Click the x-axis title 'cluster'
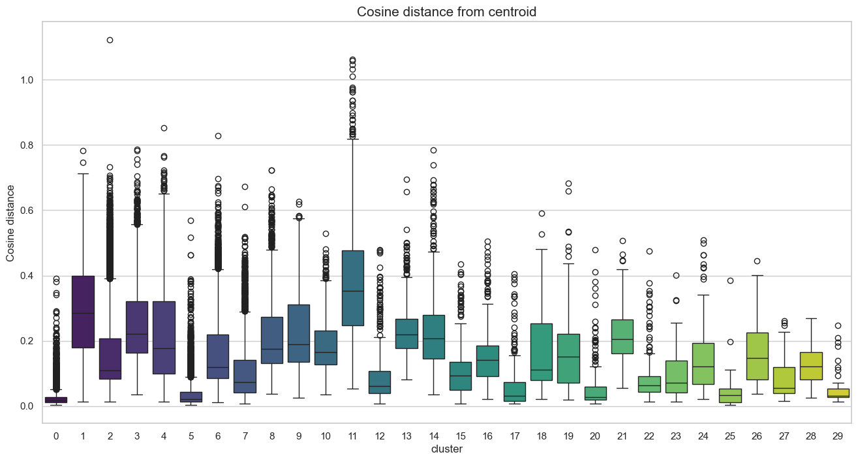pyautogui.click(x=447, y=449)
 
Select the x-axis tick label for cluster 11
pyautogui.click(x=353, y=435)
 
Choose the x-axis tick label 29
pyautogui.click(x=838, y=435)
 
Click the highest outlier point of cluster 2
pyautogui.click(x=110, y=40)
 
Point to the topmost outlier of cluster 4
pyautogui.click(x=164, y=128)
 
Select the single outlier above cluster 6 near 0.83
pyautogui.click(x=218, y=136)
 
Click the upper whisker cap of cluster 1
pyautogui.click(x=83, y=174)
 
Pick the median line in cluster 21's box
pyautogui.click(x=622, y=339)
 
